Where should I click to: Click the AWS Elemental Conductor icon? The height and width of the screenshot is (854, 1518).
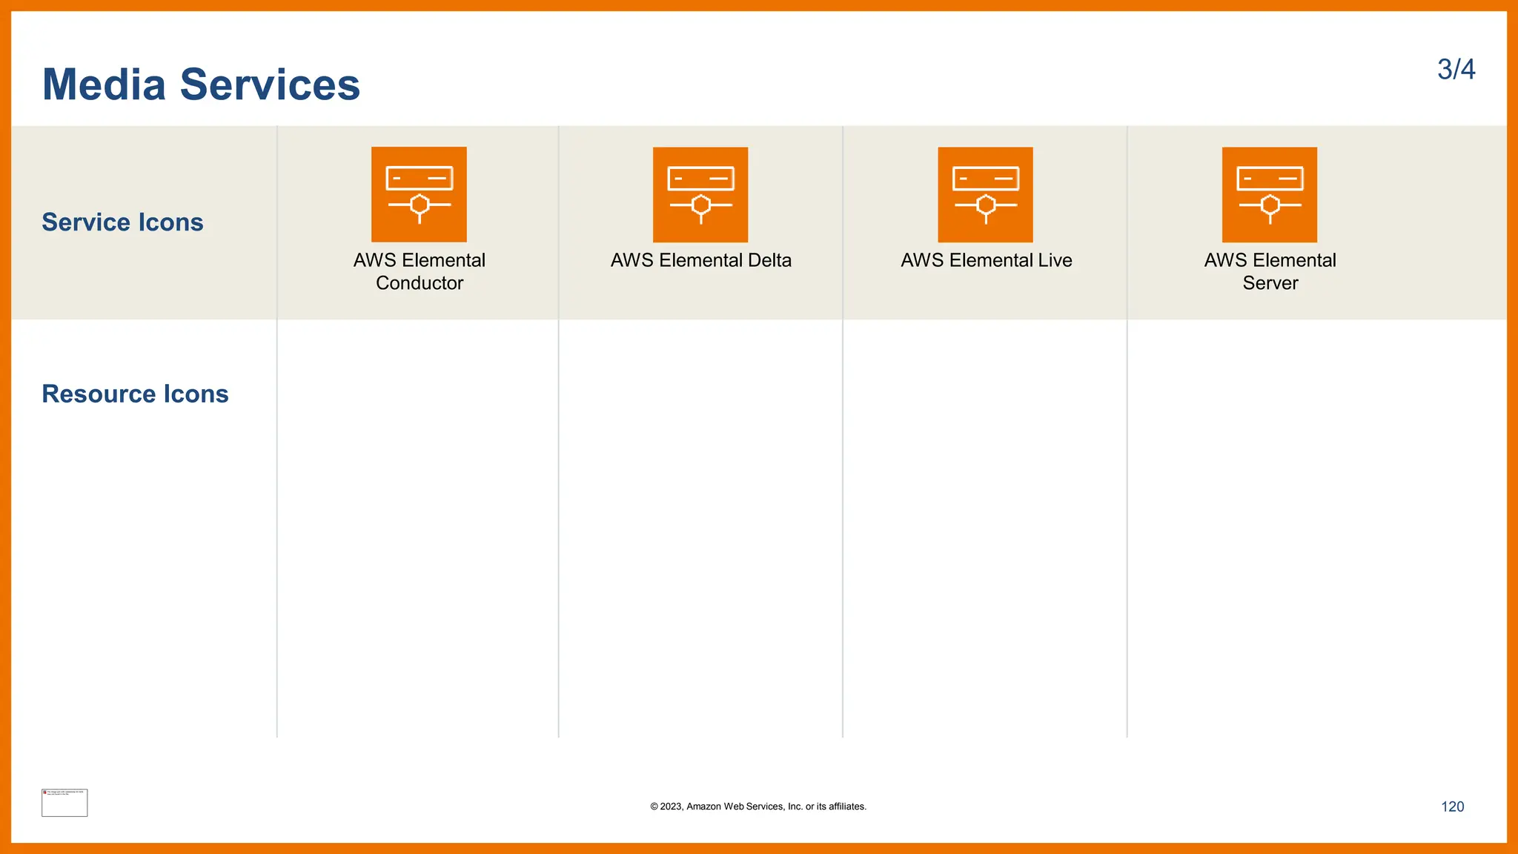[419, 194]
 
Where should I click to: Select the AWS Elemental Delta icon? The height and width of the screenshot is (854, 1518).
[700, 194]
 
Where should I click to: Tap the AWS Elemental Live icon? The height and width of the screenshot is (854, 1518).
[985, 194]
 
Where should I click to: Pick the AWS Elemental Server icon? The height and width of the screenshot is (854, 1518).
[1270, 194]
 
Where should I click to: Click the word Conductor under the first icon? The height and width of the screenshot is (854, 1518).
[420, 283]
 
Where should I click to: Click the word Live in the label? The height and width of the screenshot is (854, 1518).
[1055, 260]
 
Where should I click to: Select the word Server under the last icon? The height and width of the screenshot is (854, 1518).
[1270, 283]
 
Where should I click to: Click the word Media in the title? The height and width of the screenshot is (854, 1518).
[104, 85]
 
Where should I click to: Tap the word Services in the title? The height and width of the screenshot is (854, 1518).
[270, 85]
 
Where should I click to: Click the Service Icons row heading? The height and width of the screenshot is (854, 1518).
[122, 222]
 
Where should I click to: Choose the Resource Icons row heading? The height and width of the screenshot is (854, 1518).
[135, 394]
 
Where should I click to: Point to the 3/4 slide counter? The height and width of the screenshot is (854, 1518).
[1456, 70]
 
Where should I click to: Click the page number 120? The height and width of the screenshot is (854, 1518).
[1452, 807]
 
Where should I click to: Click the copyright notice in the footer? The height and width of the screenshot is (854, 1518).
[758, 807]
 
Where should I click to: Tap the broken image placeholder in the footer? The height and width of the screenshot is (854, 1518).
[64, 803]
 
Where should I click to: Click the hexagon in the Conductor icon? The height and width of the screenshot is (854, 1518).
[420, 205]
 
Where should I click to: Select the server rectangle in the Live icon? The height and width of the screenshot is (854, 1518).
[986, 179]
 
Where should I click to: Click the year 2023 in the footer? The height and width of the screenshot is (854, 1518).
[671, 807]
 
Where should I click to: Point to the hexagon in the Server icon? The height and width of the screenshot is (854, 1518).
[1270, 205]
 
